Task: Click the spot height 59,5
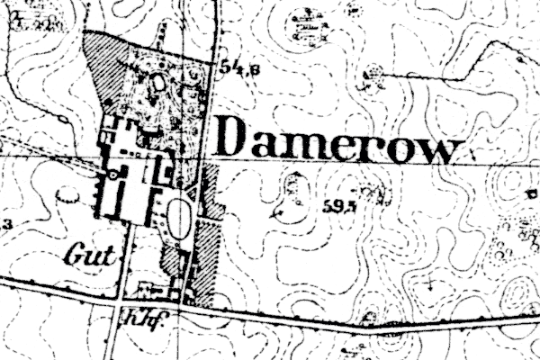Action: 334,205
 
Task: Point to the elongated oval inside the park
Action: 161,85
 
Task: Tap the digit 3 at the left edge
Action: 6,223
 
